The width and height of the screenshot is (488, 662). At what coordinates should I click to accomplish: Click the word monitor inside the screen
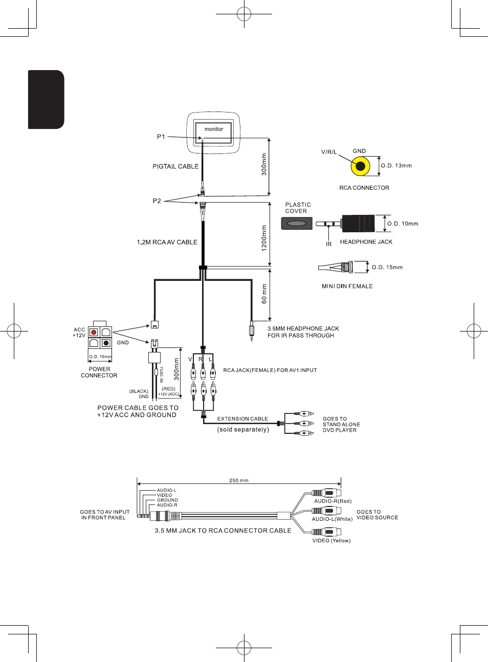pyautogui.click(x=214, y=129)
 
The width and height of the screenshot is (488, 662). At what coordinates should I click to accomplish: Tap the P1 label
pyautogui.click(x=161, y=137)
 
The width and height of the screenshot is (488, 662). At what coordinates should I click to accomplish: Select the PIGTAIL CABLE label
pyautogui.click(x=175, y=166)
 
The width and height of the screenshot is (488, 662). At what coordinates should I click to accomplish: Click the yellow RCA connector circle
pyautogui.click(x=361, y=166)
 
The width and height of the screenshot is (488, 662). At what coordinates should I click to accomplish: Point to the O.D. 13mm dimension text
pyautogui.click(x=396, y=166)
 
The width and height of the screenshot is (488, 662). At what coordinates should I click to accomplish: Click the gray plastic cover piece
pyautogui.click(x=297, y=224)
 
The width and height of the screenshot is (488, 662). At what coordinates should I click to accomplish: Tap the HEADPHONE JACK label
pyautogui.click(x=366, y=242)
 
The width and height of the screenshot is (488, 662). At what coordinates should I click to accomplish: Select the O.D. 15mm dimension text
pyautogui.click(x=387, y=268)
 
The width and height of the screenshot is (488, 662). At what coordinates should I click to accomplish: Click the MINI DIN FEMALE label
pyautogui.click(x=347, y=286)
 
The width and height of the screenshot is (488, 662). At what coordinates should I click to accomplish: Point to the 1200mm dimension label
pyautogui.click(x=264, y=238)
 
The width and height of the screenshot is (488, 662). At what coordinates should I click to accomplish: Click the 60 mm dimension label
pyautogui.click(x=264, y=294)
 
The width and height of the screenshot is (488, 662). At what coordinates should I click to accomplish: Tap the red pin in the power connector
pyautogui.click(x=94, y=333)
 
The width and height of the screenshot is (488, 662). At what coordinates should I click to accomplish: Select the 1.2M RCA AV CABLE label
pyautogui.click(x=167, y=242)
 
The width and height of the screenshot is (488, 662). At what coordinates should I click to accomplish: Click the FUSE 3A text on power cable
pyautogui.click(x=161, y=374)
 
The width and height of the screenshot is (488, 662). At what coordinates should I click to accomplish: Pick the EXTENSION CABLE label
pyautogui.click(x=242, y=419)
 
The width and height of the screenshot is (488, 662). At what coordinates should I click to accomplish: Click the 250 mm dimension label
pyautogui.click(x=239, y=480)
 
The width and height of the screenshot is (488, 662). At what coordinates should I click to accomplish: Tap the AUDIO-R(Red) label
pyautogui.click(x=333, y=501)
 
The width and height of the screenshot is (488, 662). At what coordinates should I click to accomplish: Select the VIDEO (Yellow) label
pyautogui.click(x=331, y=541)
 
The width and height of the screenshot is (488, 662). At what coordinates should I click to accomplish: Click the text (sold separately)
pyautogui.click(x=243, y=430)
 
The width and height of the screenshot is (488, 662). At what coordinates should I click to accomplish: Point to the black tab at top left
pyautogui.click(x=46, y=99)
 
